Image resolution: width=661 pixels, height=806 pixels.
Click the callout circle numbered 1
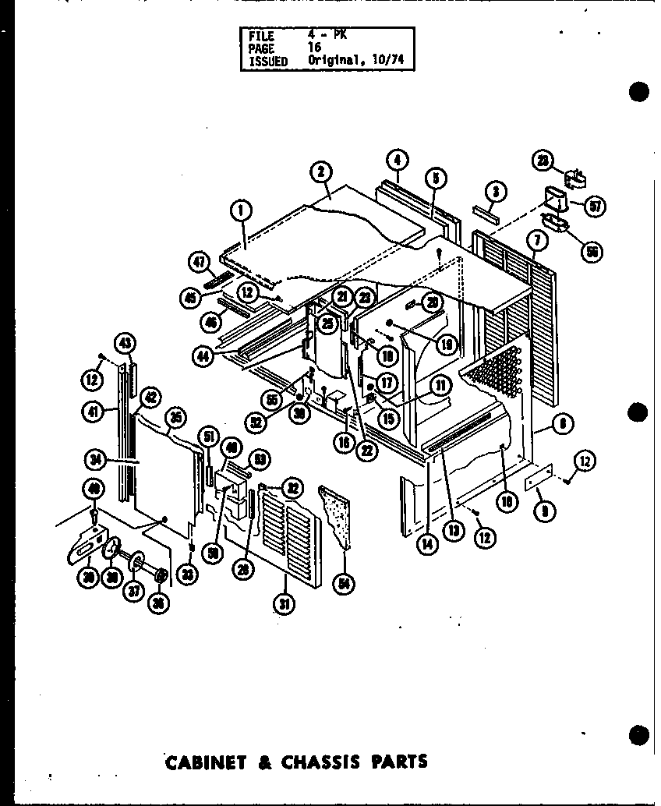pos(241,209)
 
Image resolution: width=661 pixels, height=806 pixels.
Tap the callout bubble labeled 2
pos(320,172)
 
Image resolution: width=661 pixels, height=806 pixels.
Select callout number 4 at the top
pos(397,161)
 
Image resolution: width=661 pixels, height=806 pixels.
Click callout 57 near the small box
pos(596,207)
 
